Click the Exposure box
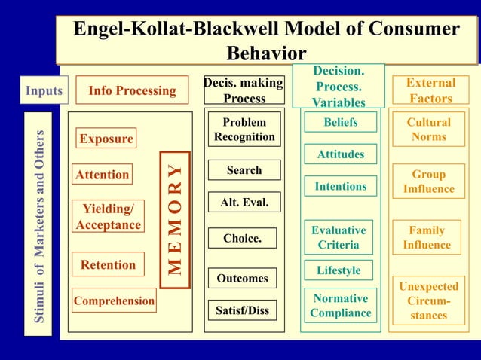click(106, 139)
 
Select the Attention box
click(103, 175)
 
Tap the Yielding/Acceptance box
click(108, 216)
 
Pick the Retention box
click(109, 264)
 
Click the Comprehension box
click(115, 301)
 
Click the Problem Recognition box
click(244, 130)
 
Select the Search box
click(244, 170)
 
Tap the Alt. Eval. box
click(244, 203)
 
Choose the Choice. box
click(243, 238)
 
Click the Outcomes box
click(243, 278)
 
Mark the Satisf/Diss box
click(243, 310)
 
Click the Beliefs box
click(340, 122)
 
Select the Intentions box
click(340, 186)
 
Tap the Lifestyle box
click(339, 270)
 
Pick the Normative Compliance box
click(340, 306)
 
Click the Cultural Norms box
click(428, 130)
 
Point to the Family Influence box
click(427, 238)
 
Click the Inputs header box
click(44, 90)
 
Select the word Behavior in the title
click(266, 53)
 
